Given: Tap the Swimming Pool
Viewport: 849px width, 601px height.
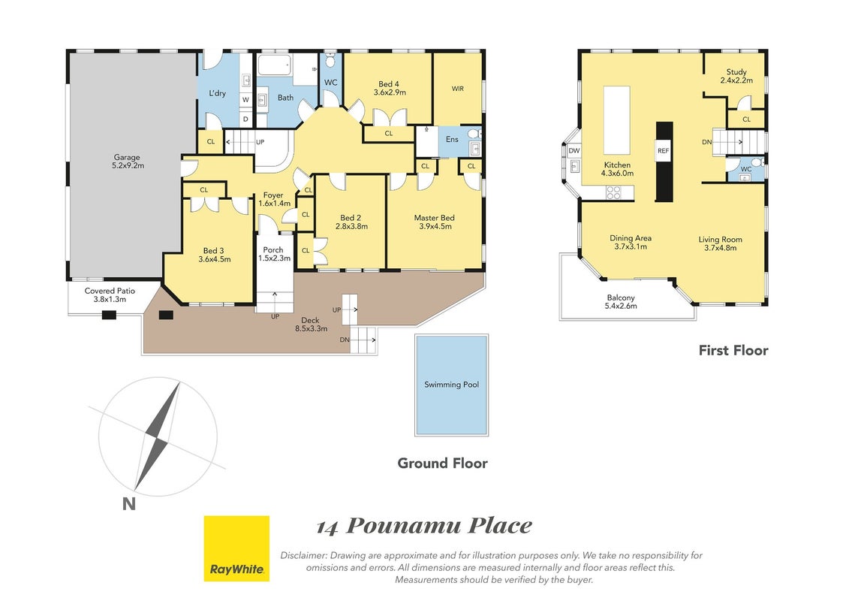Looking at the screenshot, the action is (452, 385).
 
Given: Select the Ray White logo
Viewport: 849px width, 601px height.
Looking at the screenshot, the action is (236, 548).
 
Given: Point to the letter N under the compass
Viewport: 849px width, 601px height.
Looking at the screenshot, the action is (129, 504).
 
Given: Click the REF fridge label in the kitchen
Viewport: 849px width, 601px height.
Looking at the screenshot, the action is (664, 151).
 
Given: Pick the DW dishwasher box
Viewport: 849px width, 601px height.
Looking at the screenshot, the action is (574, 151).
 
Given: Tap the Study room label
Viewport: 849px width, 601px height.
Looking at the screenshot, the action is (736, 76).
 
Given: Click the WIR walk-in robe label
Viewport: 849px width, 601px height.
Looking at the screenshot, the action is (457, 89).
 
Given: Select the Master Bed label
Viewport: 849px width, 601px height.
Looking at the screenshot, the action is (434, 222).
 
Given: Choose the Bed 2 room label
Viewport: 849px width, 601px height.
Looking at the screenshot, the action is (351, 222).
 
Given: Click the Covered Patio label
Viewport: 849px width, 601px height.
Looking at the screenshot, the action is (110, 294).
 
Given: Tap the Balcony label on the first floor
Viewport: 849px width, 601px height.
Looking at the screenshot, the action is (621, 302).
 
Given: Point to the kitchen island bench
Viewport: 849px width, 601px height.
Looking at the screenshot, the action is (617, 120).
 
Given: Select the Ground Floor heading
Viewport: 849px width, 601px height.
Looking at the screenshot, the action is (442, 464).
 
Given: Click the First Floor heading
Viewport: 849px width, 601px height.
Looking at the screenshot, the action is (733, 351).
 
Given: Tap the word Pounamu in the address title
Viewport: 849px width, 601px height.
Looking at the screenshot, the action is (403, 526).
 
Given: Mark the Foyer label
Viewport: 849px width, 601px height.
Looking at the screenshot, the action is (274, 199).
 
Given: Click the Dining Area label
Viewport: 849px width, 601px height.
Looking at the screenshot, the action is (631, 242).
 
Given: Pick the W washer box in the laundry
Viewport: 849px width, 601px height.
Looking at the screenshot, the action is (245, 100).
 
